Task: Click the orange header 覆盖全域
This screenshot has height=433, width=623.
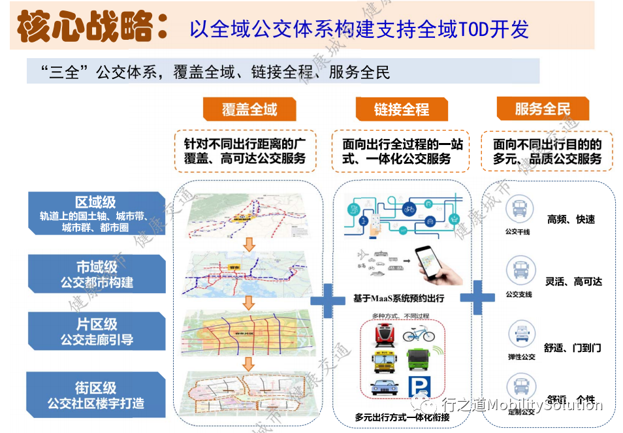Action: pyautogui.click(x=249, y=110)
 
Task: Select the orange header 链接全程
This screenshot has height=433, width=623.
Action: pyautogui.click(x=401, y=110)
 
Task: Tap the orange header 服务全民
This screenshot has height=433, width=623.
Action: pyautogui.click(x=542, y=109)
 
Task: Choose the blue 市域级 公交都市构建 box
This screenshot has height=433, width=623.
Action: pyautogui.click(x=97, y=274)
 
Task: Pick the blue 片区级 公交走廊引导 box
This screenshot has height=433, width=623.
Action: pyautogui.click(x=97, y=331)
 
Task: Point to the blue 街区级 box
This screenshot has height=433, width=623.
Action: pyautogui.click(x=96, y=394)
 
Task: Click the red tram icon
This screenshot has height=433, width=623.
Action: pyautogui.click(x=384, y=335)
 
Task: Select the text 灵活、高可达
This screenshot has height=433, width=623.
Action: pyautogui.click(x=573, y=281)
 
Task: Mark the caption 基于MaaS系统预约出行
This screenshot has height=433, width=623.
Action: pyautogui.click(x=398, y=298)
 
